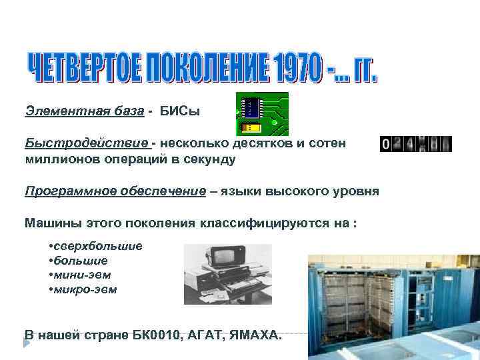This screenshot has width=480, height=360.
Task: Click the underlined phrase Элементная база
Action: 84,110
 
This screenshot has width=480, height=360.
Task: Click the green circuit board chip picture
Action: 262,114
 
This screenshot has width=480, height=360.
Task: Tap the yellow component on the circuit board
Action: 251,127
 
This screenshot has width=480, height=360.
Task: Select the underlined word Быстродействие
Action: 87,143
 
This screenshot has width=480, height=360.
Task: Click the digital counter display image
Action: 415,144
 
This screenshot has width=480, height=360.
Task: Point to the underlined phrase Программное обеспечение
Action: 115,191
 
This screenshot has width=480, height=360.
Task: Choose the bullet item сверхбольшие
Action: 99,246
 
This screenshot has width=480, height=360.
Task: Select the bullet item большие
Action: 81,261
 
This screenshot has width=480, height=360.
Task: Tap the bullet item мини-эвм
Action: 83,275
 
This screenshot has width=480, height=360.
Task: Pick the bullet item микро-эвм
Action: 86,289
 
